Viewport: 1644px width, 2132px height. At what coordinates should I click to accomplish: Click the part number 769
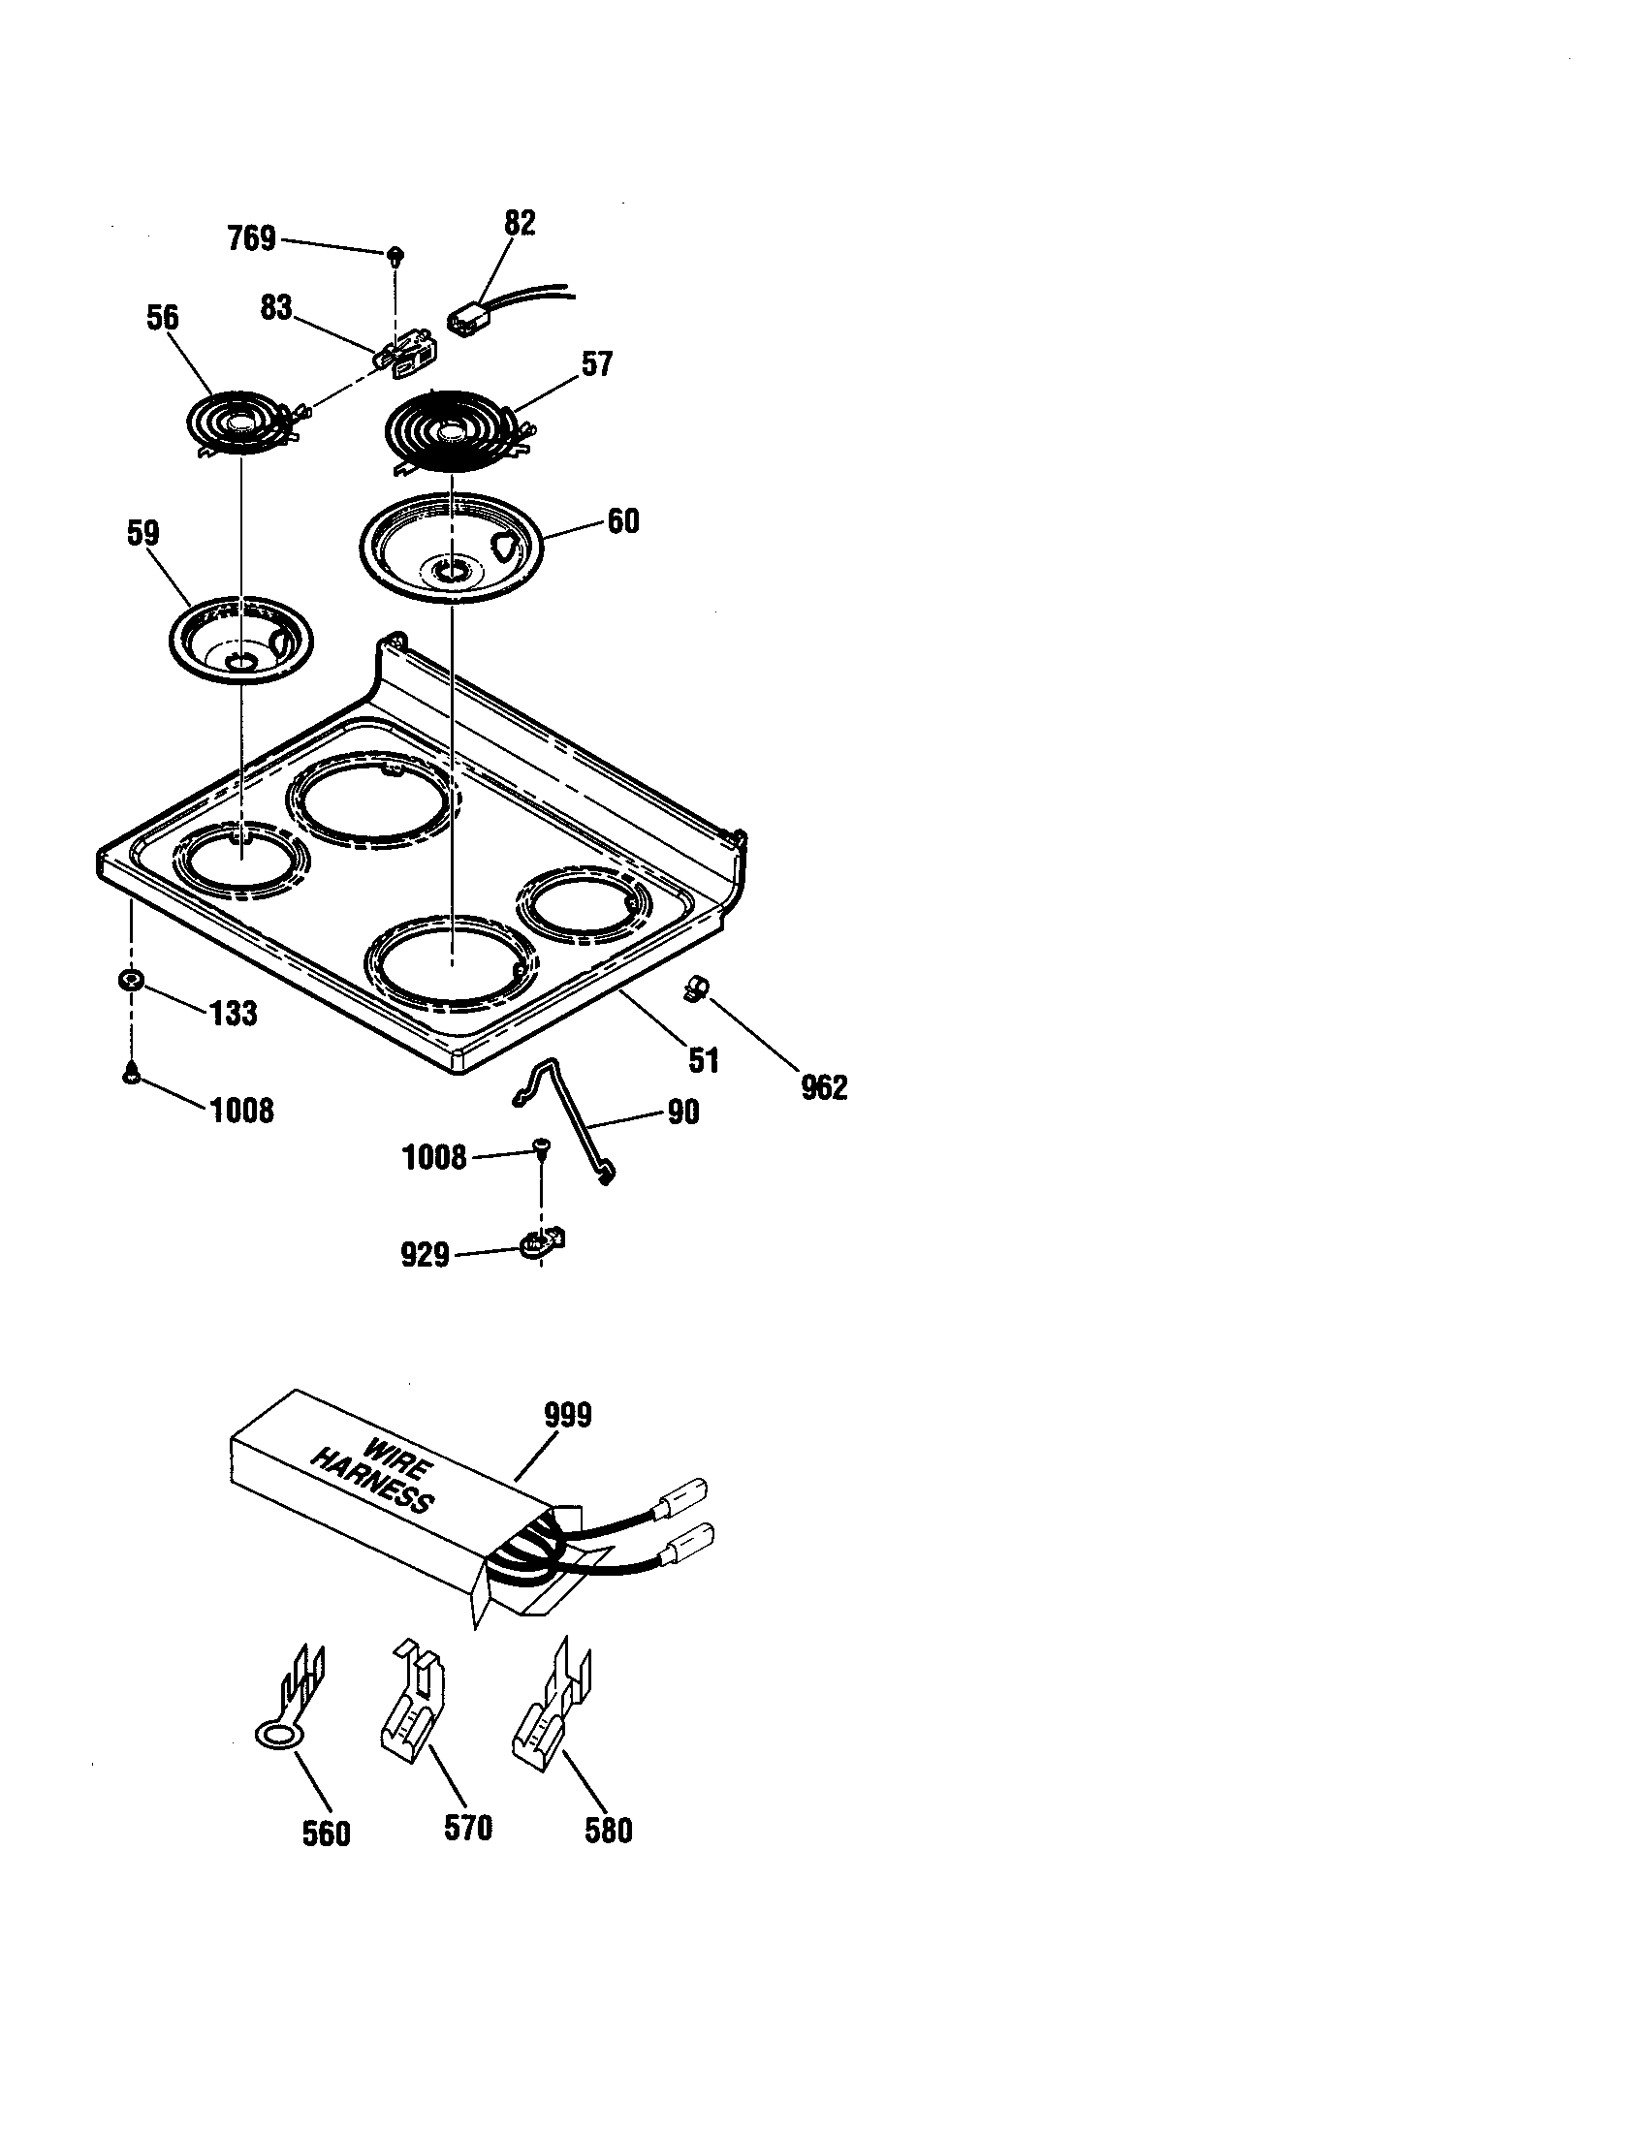[x=252, y=238]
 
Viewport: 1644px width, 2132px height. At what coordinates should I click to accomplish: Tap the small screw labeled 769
[x=395, y=256]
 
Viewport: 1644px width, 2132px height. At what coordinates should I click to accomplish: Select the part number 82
[x=520, y=224]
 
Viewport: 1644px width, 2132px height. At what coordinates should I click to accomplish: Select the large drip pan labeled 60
[x=450, y=548]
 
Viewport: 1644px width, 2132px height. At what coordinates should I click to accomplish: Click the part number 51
[x=703, y=1059]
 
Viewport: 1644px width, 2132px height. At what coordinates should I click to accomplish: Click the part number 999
[x=567, y=1415]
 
